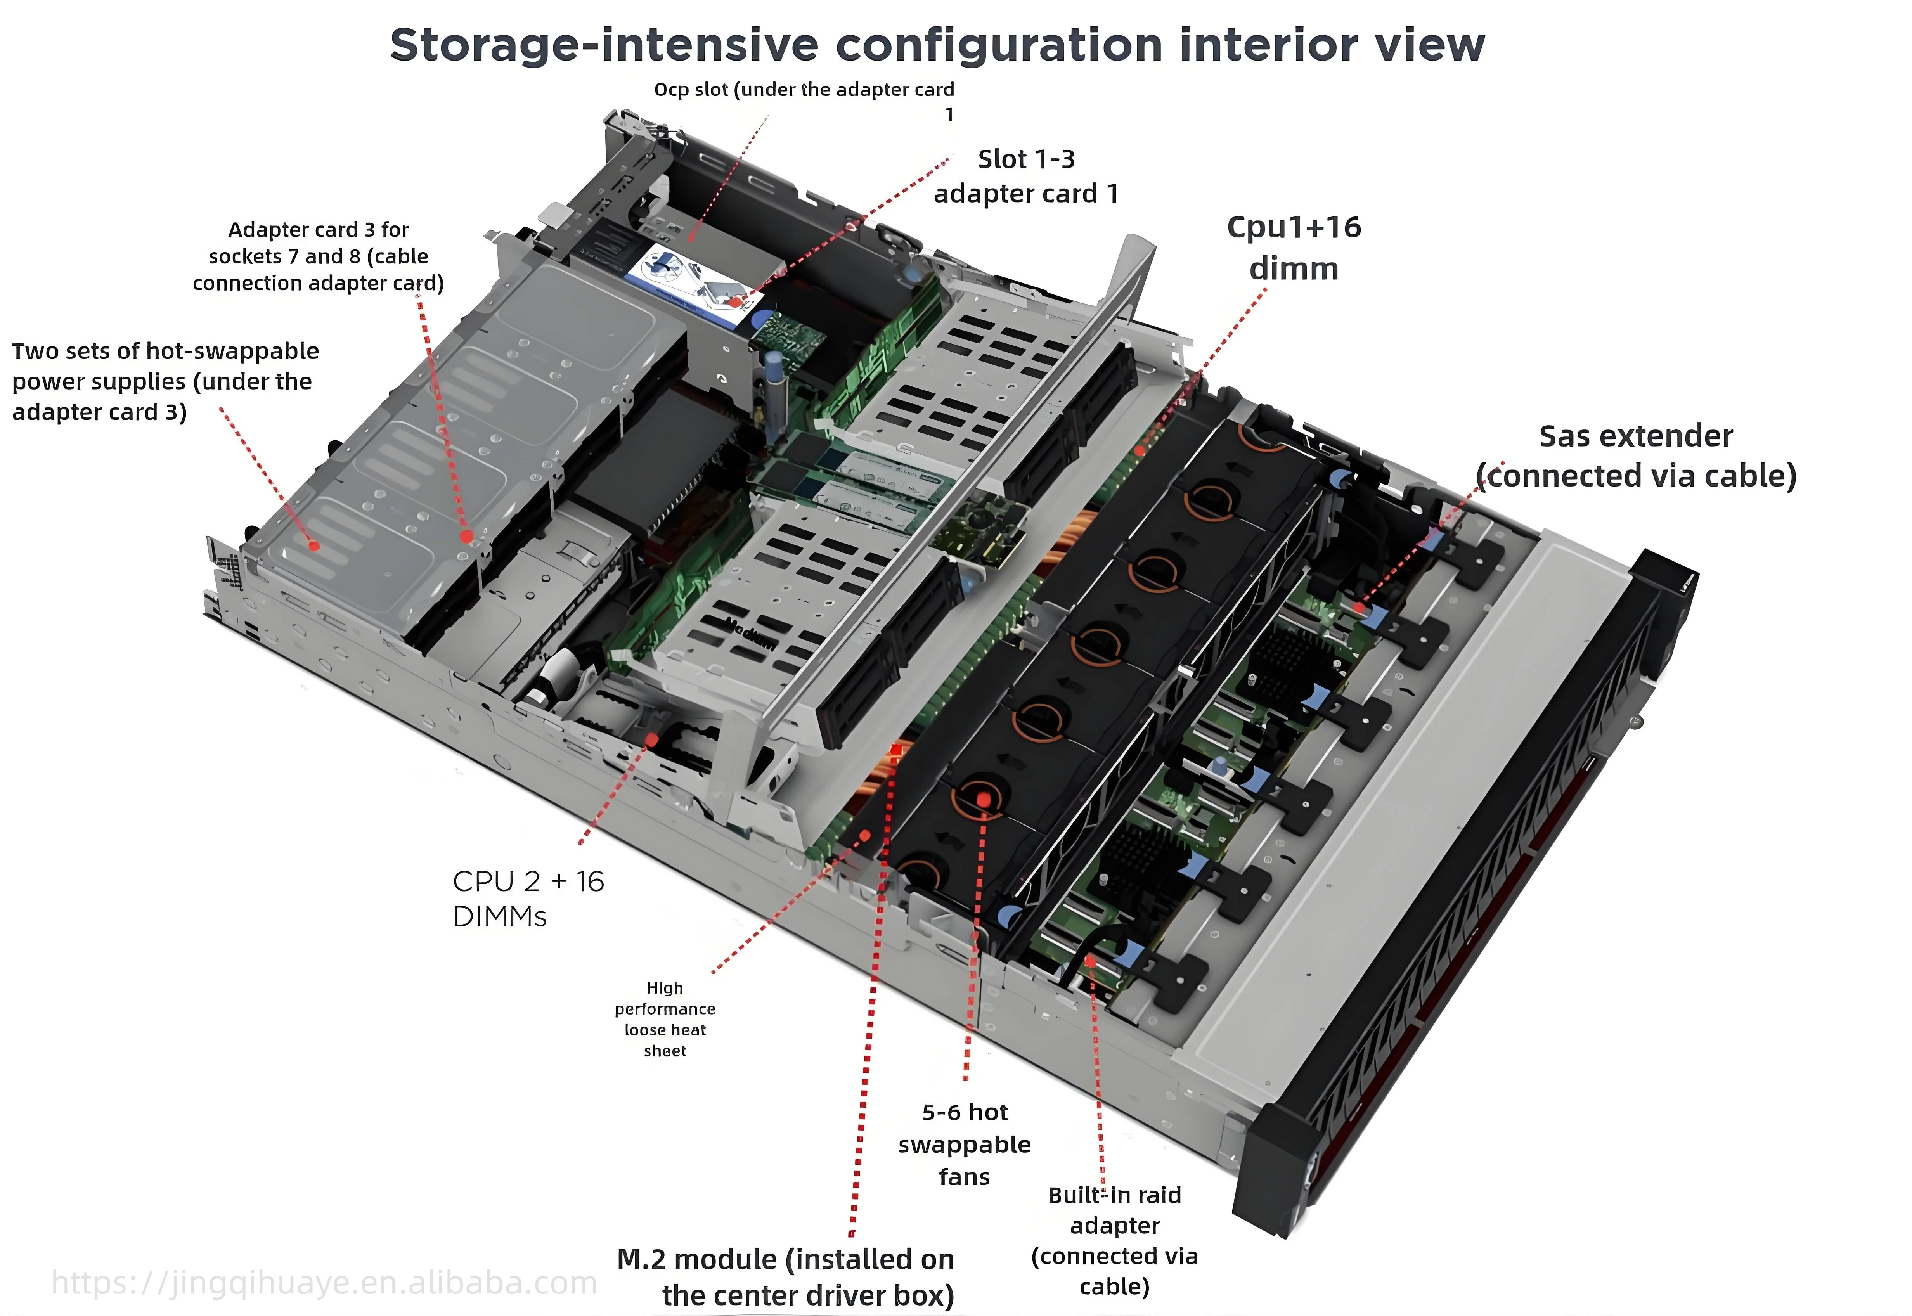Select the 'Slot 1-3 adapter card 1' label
(x=1026, y=176)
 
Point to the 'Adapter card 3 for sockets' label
(x=318, y=256)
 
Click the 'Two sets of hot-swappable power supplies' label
(x=165, y=381)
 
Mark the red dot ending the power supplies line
(x=313, y=545)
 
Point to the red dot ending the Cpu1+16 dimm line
(x=1140, y=450)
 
